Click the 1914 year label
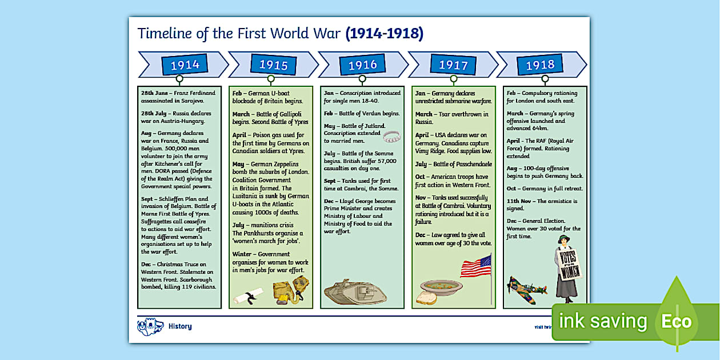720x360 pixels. click(185, 65)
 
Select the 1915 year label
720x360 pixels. click(274, 65)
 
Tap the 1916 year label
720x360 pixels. click(363, 65)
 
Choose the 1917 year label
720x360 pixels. click(453, 65)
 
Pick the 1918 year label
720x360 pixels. click(540, 65)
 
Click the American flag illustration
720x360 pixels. click(476, 267)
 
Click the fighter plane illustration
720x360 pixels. click(526, 287)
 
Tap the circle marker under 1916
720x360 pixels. click(362, 79)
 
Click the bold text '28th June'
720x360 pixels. click(154, 93)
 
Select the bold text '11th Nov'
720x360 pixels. click(521, 201)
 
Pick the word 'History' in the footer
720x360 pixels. click(180, 326)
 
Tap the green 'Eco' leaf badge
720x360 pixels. click(677, 321)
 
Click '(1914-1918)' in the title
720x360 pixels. click(385, 34)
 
